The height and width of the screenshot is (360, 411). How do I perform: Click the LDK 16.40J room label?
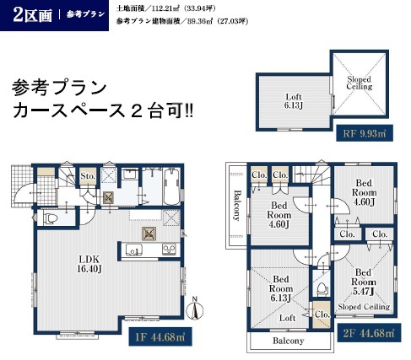click(89, 264)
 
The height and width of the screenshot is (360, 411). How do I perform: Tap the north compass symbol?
click(195, 309)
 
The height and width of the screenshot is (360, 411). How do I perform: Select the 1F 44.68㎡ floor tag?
click(160, 336)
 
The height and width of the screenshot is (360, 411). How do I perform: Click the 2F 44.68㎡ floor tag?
click(369, 333)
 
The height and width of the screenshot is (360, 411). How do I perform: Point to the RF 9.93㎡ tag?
click(365, 133)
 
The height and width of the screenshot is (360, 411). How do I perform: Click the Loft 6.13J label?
click(294, 101)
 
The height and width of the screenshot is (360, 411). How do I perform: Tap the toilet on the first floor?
click(51, 218)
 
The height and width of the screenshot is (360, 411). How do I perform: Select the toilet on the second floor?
click(322, 289)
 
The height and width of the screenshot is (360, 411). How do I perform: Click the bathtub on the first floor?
click(171, 187)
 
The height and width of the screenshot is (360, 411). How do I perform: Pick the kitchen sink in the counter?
click(133, 250)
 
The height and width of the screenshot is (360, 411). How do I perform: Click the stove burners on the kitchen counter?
click(169, 250)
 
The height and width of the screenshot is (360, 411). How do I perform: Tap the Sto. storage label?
click(88, 176)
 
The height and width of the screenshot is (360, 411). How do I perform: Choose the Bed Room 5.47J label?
click(364, 282)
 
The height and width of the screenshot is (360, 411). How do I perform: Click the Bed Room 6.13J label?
click(281, 288)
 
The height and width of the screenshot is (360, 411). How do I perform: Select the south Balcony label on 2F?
click(289, 341)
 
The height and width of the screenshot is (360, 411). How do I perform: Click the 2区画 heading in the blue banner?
click(32, 15)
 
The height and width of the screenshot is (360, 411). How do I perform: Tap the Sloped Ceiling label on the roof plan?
click(360, 83)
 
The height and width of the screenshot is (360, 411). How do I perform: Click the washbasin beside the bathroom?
click(130, 174)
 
